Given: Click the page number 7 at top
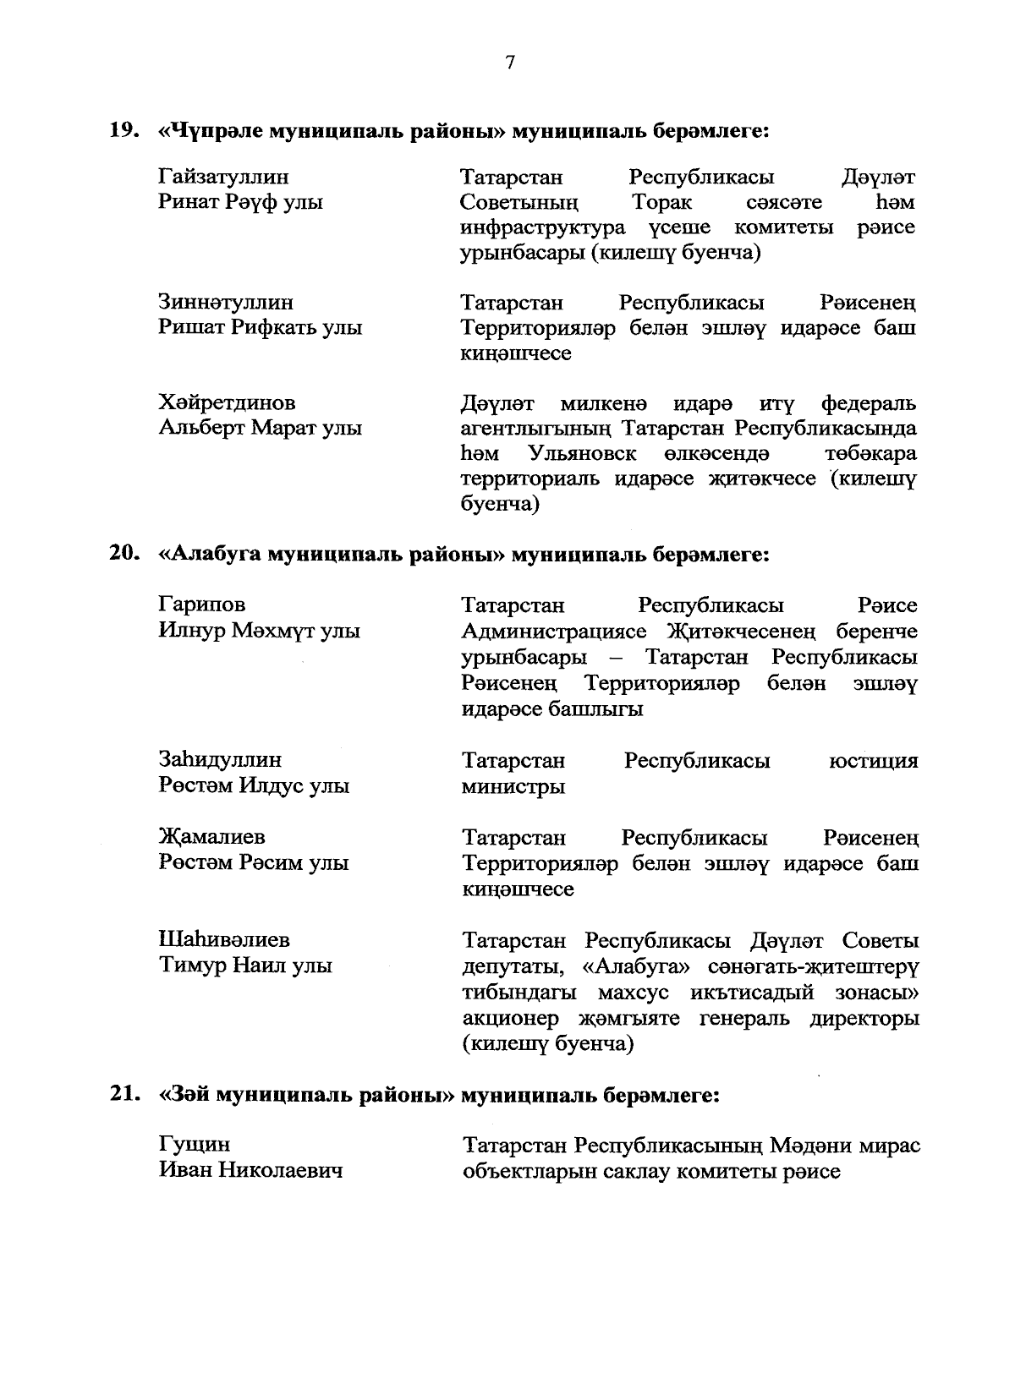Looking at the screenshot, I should point(509,63).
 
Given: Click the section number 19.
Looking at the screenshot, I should point(123,131).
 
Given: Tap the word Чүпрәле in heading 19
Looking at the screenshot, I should point(212,131).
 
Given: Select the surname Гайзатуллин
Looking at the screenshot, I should point(223,177).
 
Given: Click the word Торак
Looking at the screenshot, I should point(661,203).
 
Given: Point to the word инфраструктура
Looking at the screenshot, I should point(543,228).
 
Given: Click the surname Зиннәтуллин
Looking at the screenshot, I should point(226,302).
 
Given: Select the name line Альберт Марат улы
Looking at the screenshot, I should point(261,428).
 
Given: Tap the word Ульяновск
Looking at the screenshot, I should point(582,453).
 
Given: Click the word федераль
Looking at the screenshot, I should point(868,402).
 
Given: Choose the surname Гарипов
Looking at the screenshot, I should point(202,604).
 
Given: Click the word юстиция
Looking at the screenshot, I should point(873,760).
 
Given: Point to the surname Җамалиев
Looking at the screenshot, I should point(212,837).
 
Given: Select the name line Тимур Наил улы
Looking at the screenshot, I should point(245,965).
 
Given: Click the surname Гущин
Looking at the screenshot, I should point(194,1145).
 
